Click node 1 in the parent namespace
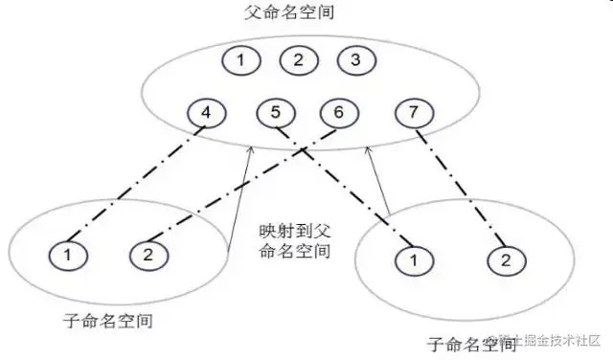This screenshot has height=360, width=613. click(240, 61)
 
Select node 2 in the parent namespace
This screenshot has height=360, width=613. click(299, 61)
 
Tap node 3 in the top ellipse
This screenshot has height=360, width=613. click(356, 61)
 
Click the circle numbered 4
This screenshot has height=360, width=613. click(205, 114)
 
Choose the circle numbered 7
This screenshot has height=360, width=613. click(413, 114)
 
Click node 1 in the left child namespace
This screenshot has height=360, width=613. click(68, 255)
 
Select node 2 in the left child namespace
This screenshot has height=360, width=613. click(148, 255)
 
